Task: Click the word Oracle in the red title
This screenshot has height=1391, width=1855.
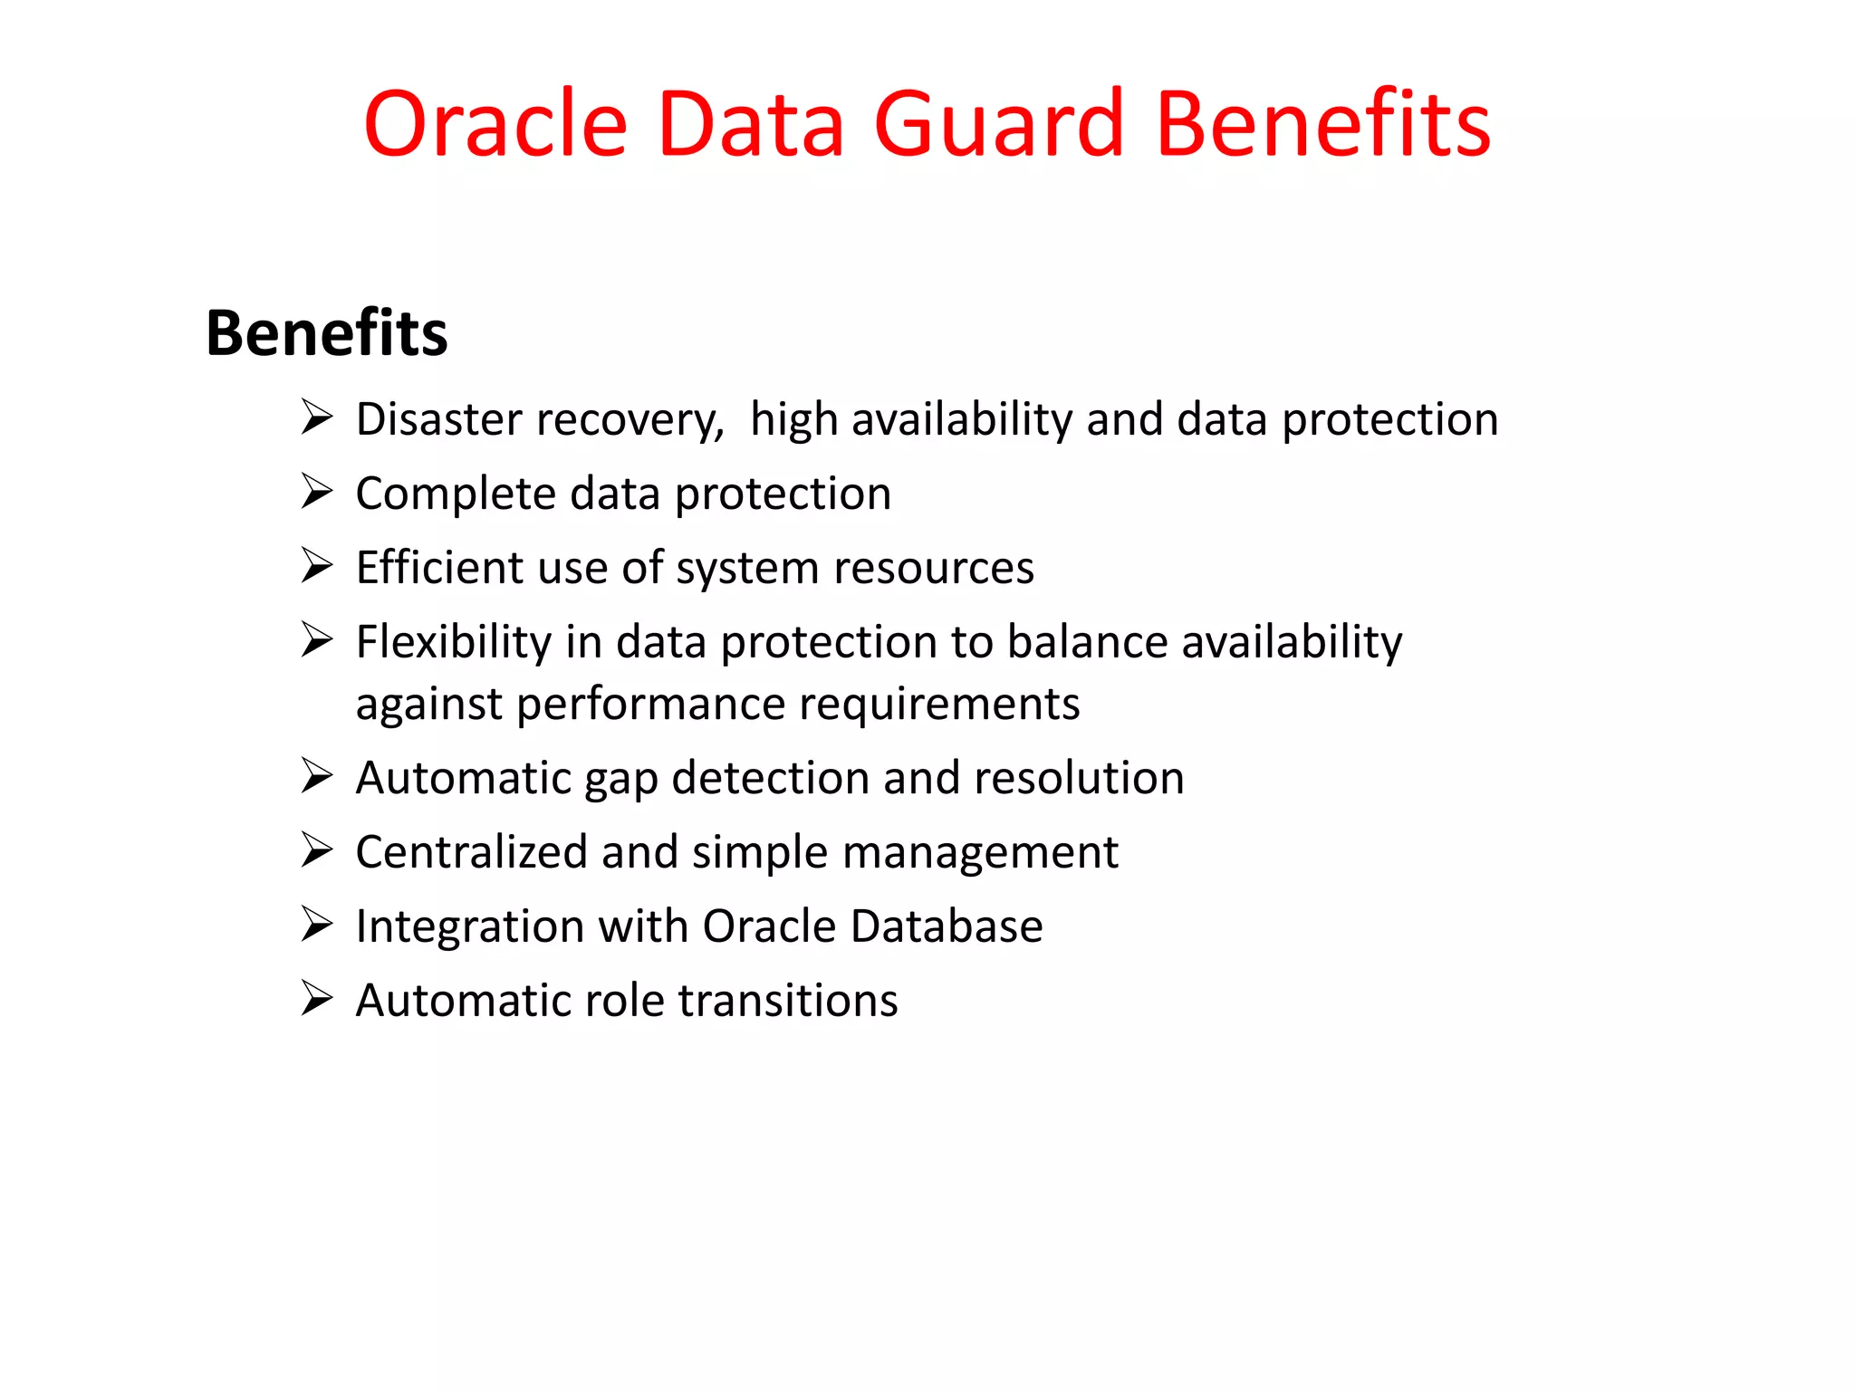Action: click(x=495, y=124)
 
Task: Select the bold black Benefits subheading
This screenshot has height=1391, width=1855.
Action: click(x=327, y=333)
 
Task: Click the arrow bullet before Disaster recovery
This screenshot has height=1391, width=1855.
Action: click(x=317, y=417)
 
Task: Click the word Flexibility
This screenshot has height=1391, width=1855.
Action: click(x=453, y=642)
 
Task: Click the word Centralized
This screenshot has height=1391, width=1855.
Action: click(x=471, y=852)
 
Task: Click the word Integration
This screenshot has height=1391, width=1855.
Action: click(x=470, y=927)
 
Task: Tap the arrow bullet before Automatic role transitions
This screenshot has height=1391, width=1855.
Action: click(x=317, y=999)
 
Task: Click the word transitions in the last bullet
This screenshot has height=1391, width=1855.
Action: click(x=788, y=1001)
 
